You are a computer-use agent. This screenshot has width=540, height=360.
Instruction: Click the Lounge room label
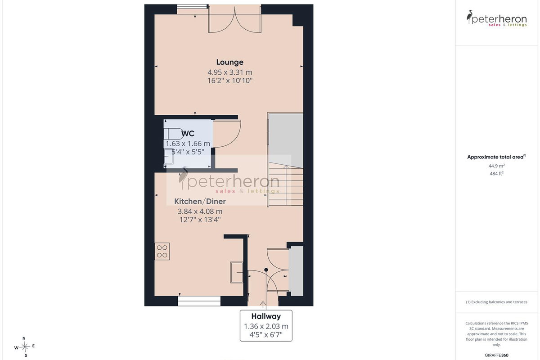click(230, 62)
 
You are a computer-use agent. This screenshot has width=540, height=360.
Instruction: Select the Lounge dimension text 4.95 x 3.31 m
click(230, 72)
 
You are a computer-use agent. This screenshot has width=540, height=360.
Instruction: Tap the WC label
click(188, 133)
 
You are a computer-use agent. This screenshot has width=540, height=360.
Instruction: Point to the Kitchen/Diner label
click(200, 201)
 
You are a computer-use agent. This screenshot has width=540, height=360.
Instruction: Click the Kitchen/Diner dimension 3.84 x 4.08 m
click(200, 211)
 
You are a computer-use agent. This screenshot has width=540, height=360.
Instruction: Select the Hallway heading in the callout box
click(266, 316)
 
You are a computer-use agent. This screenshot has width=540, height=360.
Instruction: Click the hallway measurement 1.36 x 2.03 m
click(266, 326)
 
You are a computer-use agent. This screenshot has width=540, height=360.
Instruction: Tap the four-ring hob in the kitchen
click(162, 251)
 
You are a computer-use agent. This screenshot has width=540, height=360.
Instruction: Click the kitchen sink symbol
click(237, 272)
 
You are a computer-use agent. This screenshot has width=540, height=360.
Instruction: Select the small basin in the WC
click(168, 156)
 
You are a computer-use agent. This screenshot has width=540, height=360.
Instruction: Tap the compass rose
click(25, 347)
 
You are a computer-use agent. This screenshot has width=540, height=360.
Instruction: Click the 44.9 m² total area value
click(497, 166)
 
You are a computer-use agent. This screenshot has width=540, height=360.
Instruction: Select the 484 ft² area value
click(497, 173)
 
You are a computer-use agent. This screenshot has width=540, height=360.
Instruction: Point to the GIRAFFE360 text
click(497, 355)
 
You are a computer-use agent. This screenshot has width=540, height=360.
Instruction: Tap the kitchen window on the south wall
click(199, 301)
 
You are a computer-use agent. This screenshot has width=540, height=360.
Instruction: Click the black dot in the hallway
click(266, 270)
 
